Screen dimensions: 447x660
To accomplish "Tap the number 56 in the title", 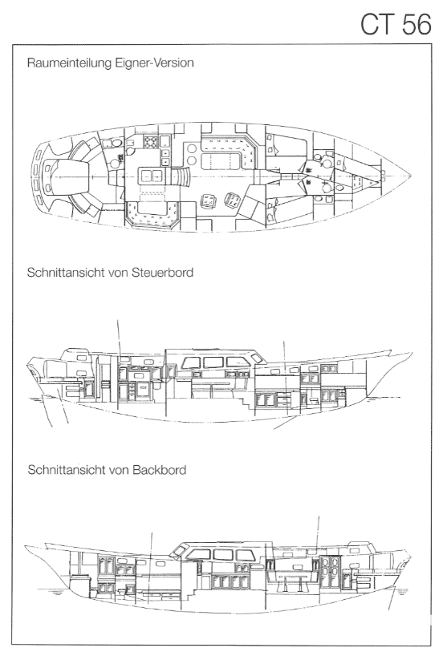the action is tap(417, 24).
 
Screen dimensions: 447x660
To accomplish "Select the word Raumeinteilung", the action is tap(70, 63).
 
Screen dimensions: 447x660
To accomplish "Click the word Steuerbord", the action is tap(163, 273).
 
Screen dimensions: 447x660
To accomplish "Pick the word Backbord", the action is tap(159, 470).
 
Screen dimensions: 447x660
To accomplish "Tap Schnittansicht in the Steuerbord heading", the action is tap(67, 273).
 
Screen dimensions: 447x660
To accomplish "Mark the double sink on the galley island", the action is tap(151, 174).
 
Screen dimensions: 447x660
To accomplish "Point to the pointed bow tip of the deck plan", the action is tap(410, 174).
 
